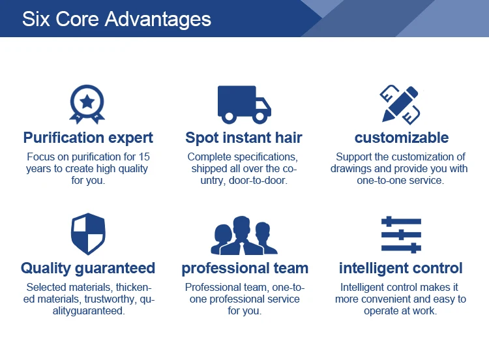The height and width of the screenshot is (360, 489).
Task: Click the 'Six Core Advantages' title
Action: click(x=117, y=20)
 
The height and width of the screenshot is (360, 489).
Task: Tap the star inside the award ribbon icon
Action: click(x=87, y=102)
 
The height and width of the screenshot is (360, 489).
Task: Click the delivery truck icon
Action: click(x=244, y=104)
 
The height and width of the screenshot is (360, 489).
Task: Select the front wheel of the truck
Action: click(x=259, y=117)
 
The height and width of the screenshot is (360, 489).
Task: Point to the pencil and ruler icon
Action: click(x=400, y=104)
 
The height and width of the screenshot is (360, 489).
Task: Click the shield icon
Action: click(x=88, y=233)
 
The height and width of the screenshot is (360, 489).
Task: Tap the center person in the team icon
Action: click(x=242, y=235)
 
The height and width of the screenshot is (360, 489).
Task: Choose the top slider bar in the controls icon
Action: click(x=401, y=221)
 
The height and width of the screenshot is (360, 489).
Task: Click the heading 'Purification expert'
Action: click(x=88, y=138)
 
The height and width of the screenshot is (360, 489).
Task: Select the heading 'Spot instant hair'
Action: click(x=244, y=138)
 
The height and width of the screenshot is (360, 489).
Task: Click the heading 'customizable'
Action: click(x=402, y=138)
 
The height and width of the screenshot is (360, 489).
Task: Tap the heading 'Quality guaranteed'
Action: click(x=88, y=268)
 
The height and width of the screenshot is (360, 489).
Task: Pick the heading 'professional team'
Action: click(x=244, y=268)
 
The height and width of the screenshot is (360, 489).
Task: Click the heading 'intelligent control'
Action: click(x=401, y=268)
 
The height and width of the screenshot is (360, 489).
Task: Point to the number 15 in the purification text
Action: click(x=144, y=157)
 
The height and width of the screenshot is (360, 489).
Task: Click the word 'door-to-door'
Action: click(x=258, y=180)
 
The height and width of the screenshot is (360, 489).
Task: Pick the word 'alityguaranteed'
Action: click(x=89, y=311)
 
